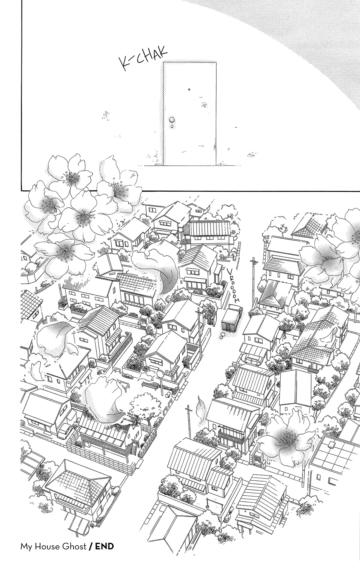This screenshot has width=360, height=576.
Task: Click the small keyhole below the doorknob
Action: [x=172, y=127]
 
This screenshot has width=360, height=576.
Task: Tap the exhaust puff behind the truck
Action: [x=222, y=336]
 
